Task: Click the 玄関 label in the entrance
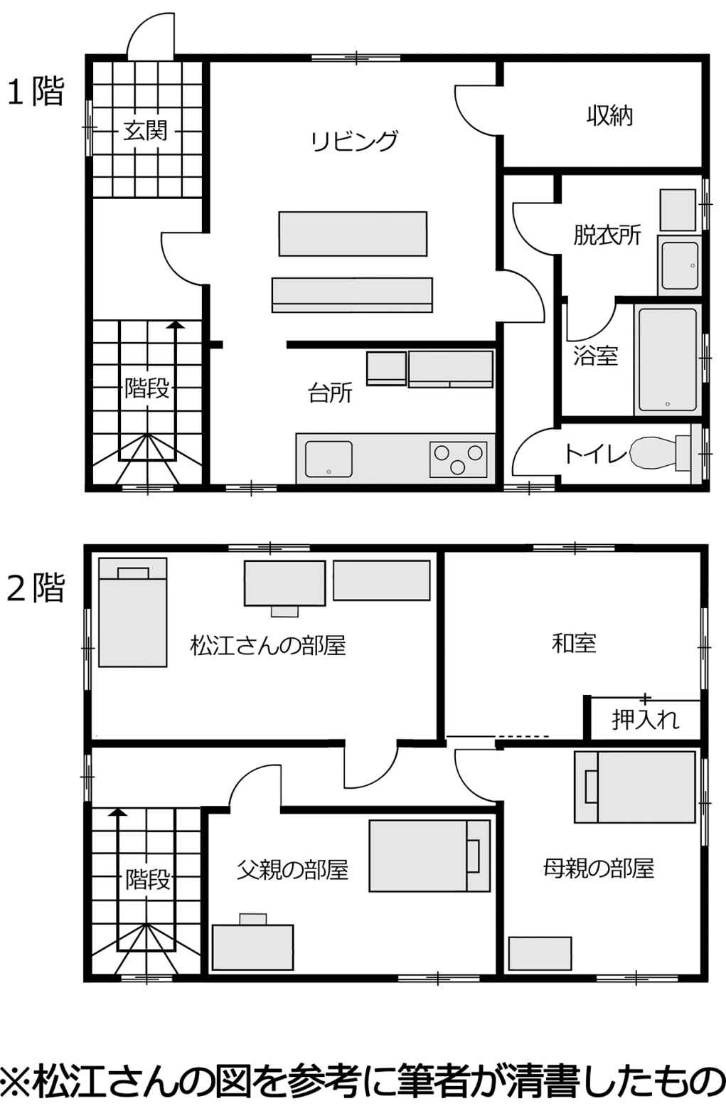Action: click(x=145, y=131)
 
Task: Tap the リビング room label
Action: click(x=354, y=141)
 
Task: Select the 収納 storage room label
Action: click(x=609, y=115)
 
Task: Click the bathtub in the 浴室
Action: click(x=668, y=360)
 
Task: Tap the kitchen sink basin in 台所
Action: click(x=329, y=459)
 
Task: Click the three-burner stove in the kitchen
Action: click(x=458, y=459)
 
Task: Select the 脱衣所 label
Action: click(x=607, y=235)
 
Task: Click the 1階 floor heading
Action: click(x=36, y=92)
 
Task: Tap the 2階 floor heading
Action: click(x=36, y=588)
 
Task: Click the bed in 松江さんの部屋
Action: click(x=132, y=612)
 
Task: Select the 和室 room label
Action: click(x=574, y=643)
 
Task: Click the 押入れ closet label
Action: click(x=645, y=720)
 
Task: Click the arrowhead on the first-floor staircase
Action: click(x=174, y=325)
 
